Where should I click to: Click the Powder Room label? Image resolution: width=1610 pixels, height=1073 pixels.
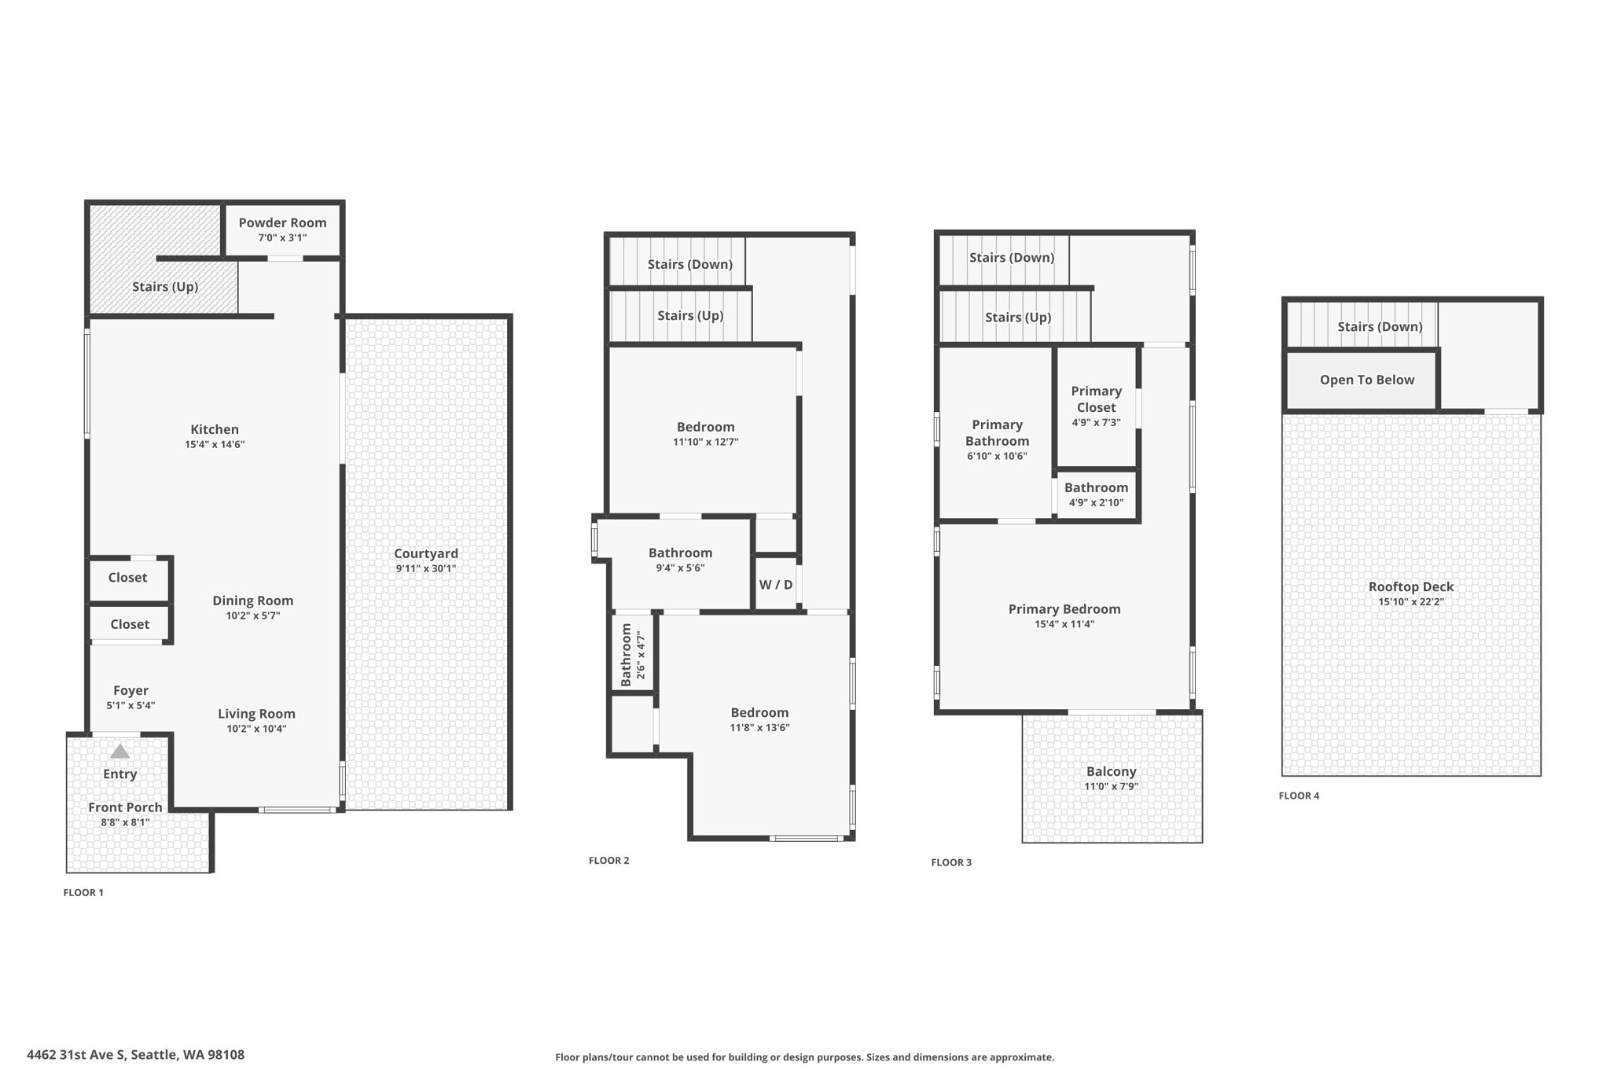tap(282, 222)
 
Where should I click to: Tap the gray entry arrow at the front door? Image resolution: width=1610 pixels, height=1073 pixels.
tap(119, 751)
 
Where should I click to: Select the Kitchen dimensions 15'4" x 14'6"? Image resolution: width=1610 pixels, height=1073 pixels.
tap(215, 445)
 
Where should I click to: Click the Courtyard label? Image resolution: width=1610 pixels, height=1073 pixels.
tap(425, 553)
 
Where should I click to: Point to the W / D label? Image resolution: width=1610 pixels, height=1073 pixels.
tap(775, 585)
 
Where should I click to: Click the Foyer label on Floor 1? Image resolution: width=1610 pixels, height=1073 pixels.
tap(130, 690)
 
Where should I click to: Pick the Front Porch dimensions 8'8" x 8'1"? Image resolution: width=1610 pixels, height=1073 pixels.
tap(125, 822)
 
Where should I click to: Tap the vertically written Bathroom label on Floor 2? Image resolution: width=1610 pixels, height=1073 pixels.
tap(627, 655)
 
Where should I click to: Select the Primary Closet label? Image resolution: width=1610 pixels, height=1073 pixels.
tap(1096, 399)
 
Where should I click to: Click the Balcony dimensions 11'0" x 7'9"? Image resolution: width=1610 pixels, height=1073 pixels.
tap(1111, 786)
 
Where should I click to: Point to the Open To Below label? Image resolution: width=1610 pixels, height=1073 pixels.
tap(1366, 380)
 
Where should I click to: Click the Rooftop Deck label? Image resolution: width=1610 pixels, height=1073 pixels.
tap(1410, 586)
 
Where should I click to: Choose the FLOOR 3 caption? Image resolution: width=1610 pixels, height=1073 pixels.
tap(951, 862)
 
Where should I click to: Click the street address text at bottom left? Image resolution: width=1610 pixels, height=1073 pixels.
tap(136, 1055)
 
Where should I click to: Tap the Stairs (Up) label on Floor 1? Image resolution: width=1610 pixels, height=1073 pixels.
tap(165, 287)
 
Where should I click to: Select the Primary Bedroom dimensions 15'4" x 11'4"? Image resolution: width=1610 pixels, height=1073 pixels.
tap(1064, 624)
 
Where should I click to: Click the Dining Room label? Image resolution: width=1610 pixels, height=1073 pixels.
tap(252, 601)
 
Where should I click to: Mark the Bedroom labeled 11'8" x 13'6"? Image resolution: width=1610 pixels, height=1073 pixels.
tap(759, 713)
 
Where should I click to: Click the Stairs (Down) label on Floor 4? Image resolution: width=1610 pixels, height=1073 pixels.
tap(1380, 326)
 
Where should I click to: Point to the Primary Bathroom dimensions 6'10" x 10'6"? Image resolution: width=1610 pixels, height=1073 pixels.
tap(997, 456)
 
